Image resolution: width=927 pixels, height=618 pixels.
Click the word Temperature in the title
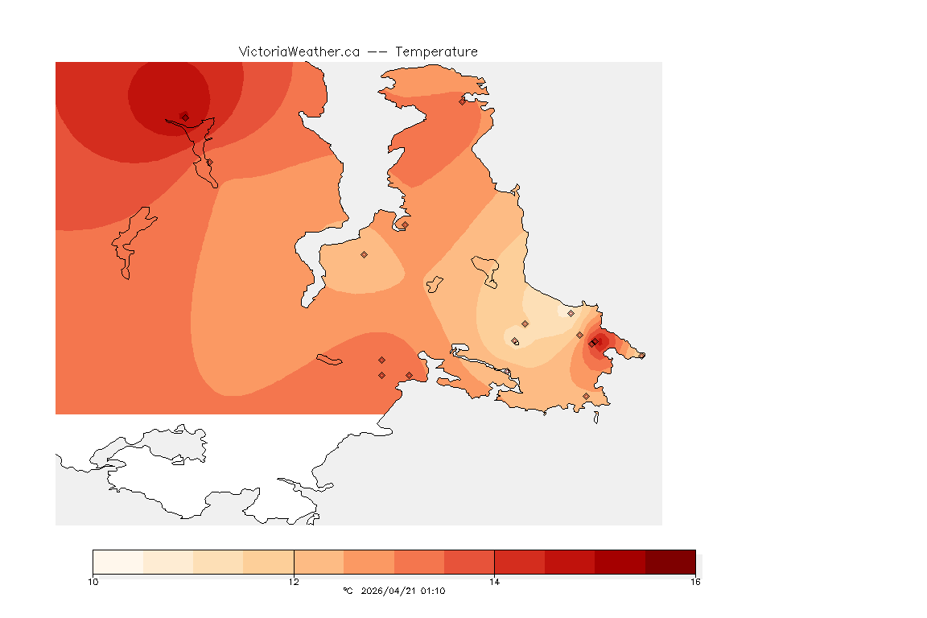(435, 51)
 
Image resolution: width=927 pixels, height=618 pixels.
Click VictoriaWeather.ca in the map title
(299, 51)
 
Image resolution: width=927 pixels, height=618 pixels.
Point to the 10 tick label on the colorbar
(93, 581)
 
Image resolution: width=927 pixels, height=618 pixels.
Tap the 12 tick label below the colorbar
(294, 581)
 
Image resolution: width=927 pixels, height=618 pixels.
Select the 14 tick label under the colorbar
(494, 581)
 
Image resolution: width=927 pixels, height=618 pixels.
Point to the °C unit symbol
(348, 591)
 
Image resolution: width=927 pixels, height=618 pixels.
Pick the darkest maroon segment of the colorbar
(670, 562)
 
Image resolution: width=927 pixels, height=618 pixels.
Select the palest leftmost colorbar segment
(117, 562)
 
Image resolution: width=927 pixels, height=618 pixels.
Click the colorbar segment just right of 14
(519, 562)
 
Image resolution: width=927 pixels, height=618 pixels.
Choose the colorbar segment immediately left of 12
(269, 562)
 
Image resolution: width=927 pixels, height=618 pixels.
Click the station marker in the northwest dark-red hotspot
(185, 117)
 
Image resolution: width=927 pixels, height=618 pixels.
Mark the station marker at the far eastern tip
(641, 355)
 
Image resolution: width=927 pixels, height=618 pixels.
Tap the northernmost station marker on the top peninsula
(462, 101)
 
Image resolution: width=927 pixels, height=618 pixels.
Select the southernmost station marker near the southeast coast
(586, 396)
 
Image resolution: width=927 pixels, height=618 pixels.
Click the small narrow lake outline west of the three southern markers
(330, 360)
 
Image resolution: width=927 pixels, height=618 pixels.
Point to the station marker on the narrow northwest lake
(209, 163)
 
